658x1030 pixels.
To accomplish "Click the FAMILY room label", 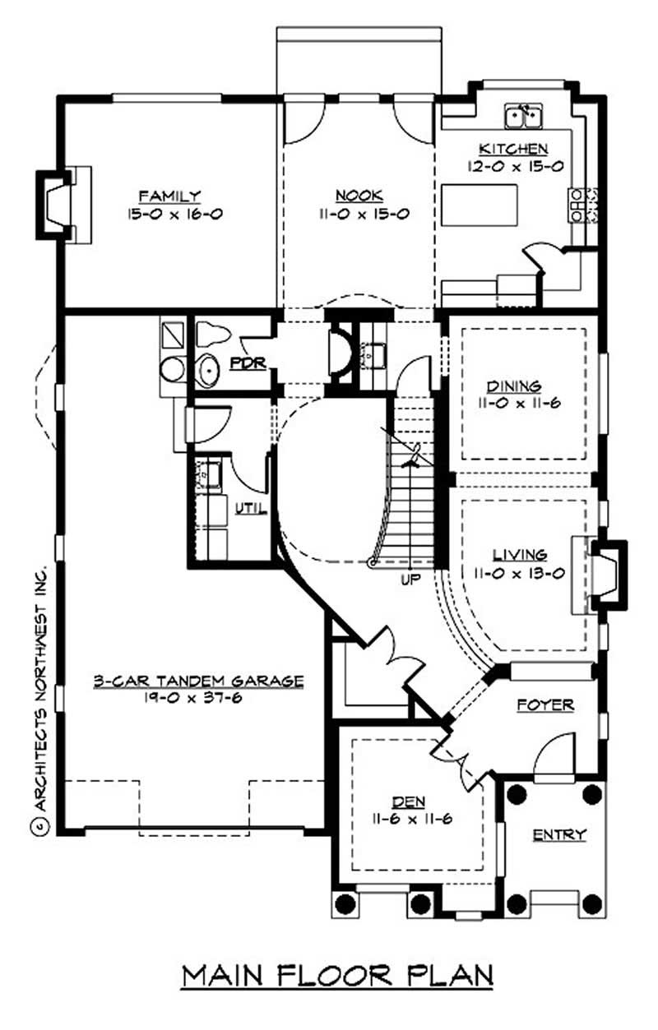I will [169, 196].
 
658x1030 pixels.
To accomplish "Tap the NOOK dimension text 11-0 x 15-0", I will [359, 214].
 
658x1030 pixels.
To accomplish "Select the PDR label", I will [248, 363].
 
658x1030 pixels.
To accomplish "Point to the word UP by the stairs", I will [410, 579].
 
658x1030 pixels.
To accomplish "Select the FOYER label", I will [545, 704].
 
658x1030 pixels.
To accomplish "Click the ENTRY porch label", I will [559, 834].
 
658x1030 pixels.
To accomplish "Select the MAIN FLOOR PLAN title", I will [337, 975].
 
